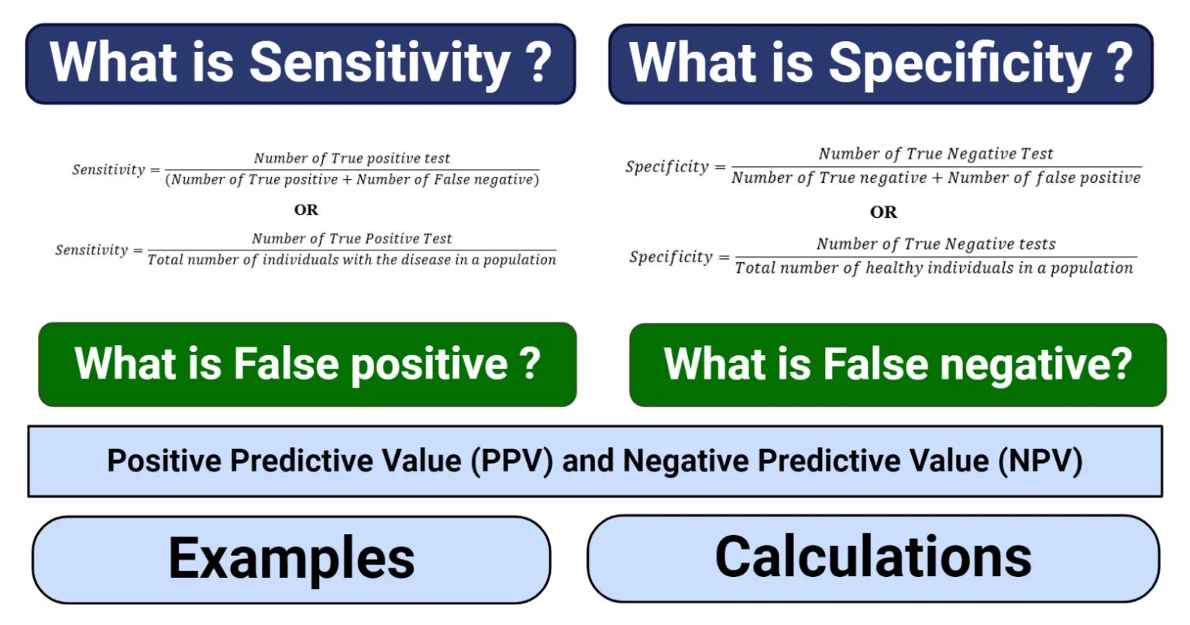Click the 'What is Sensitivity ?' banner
point(301,64)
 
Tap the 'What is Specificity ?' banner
point(881,64)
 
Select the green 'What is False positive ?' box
point(308,364)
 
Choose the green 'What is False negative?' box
point(898,364)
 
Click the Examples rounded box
point(291,559)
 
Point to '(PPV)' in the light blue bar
point(512,461)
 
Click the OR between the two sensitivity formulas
point(306,210)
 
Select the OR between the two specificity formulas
point(883,212)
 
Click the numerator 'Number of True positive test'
point(352,158)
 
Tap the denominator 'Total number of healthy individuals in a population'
point(934,268)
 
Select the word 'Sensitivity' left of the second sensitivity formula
point(91,250)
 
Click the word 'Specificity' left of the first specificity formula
point(667,167)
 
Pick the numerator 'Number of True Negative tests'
point(936,244)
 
